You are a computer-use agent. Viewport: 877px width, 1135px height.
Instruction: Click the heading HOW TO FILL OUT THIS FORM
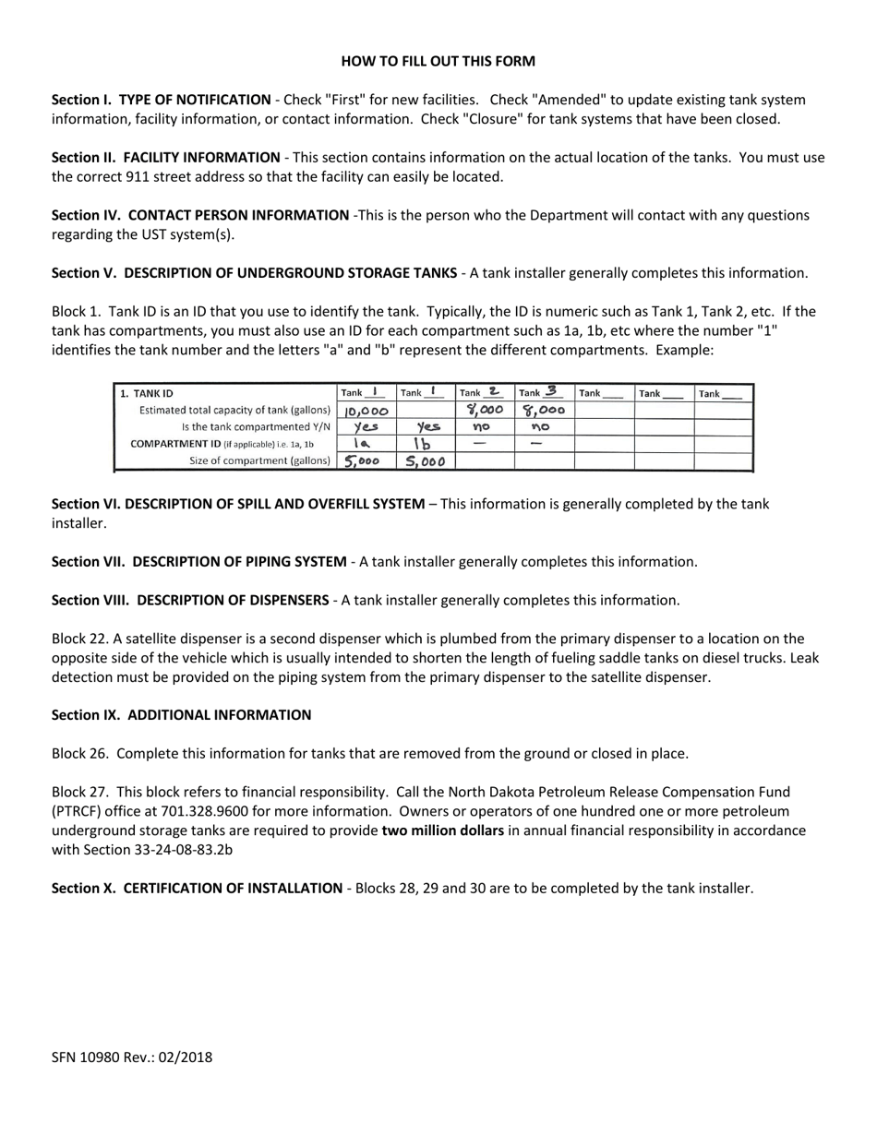click(438, 62)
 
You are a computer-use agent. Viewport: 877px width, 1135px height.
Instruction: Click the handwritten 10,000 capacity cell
click(366, 411)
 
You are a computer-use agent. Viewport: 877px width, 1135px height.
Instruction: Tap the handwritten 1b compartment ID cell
click(424, 444)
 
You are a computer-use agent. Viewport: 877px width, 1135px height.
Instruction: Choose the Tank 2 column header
click(484, 392)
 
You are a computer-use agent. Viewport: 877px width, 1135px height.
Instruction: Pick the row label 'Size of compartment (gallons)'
click(259, 460)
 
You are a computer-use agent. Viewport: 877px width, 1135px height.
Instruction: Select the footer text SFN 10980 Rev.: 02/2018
click(132, 1057)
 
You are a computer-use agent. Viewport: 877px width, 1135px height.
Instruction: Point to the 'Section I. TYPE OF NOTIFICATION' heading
click(162, 100)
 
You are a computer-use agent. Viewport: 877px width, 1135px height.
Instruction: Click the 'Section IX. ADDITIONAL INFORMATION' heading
click(181, 715)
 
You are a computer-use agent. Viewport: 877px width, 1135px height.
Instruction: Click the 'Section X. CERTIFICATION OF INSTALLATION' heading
click(197, 889)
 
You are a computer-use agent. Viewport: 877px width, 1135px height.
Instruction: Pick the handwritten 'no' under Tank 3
click(543, 427)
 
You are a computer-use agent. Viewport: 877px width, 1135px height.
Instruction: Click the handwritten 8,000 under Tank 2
click(485, 411)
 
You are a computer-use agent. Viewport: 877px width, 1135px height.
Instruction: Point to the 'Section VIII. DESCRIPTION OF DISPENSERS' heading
click(189, 600)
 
